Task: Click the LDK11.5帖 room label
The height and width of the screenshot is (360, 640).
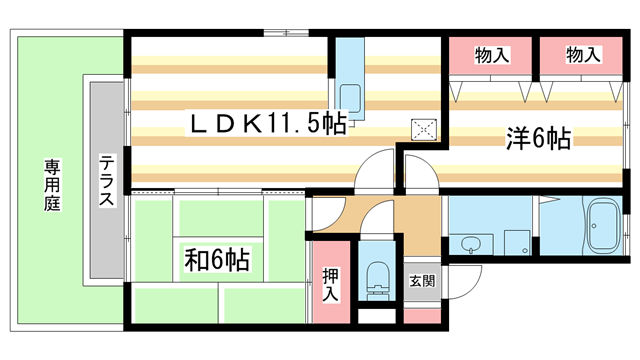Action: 269,123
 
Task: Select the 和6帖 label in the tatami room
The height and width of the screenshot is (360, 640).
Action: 216,261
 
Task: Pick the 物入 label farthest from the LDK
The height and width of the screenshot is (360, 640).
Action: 583,55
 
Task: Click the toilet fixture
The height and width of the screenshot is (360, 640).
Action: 378,281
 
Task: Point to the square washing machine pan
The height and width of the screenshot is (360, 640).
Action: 516,243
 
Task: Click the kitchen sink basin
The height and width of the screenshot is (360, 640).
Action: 350,98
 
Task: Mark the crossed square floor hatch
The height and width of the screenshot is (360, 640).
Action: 426,128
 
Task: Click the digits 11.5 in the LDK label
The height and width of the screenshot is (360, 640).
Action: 294,123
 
